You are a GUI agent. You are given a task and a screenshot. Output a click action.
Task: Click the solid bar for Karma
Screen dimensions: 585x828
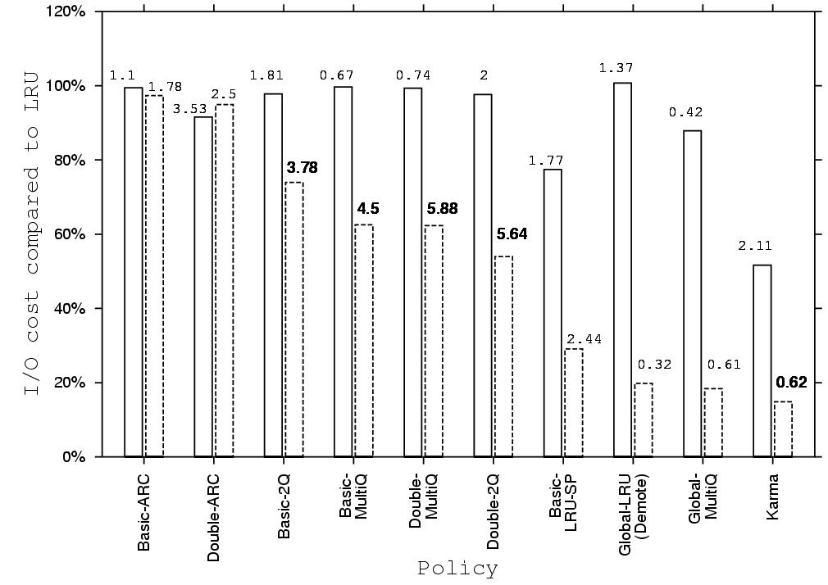(x=762, y=361)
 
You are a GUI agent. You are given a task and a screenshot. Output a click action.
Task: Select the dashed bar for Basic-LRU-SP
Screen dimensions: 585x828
(x=573, y=402)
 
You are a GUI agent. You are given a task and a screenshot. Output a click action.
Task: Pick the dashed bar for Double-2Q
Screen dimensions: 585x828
(x=503, y=356)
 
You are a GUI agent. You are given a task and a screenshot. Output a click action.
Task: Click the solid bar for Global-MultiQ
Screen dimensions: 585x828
(x=693, y=293)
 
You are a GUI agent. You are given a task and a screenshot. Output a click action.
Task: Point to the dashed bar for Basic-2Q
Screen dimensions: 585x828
(x=293, y=320)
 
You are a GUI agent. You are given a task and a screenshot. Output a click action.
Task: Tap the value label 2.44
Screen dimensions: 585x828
(x=583, y=338)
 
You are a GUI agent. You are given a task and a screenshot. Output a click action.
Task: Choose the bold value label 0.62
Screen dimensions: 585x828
(x=792, y=383)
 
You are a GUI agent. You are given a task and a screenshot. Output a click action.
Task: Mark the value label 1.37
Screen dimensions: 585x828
(x=616, y=68)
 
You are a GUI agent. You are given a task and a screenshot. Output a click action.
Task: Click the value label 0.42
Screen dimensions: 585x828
(x=685, y=112)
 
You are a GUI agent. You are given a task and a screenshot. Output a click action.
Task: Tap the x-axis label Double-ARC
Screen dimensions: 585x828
(x=213, y=517)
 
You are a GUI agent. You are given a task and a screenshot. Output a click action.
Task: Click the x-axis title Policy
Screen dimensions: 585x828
(x=457, y=568)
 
